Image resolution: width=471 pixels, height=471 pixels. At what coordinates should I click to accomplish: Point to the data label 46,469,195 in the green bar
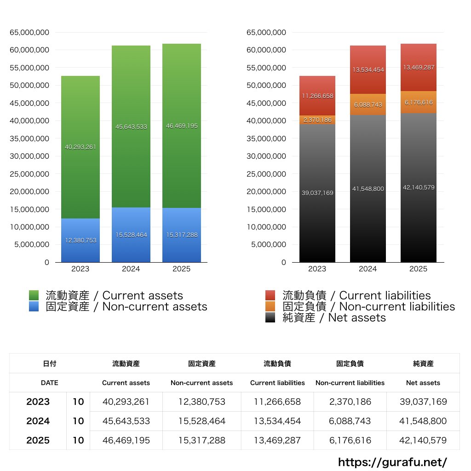coord(182,126)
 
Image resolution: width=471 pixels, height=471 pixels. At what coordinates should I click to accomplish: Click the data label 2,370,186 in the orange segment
coord(317,120)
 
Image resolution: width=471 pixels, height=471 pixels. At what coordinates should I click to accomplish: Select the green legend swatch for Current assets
coord(34,296)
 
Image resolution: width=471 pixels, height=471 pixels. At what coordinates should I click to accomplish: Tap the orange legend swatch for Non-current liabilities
coord(270,307)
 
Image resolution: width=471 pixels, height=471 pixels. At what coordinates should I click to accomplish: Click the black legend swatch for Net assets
coord(270,318)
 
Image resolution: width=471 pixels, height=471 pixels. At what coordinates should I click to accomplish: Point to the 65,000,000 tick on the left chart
coord(29,33)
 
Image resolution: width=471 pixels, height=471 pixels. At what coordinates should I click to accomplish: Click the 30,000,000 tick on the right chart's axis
coord(266,156)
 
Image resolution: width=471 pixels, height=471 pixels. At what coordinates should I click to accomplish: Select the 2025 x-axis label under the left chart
coord(182,269)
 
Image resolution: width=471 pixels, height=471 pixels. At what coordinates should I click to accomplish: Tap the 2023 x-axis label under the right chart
coord(317,269)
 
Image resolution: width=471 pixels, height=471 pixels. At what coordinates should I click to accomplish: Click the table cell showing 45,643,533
coord(126,421)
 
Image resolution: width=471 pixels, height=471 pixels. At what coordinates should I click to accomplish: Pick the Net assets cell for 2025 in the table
coord(423,440)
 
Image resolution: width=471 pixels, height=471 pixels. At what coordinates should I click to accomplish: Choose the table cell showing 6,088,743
coord(350,421)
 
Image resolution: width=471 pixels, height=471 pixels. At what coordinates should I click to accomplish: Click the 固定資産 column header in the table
coord(201,363)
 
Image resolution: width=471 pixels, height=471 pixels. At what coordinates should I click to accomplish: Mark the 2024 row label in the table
coord(38,421)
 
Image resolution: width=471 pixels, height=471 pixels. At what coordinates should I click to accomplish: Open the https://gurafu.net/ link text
coord(392,462)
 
